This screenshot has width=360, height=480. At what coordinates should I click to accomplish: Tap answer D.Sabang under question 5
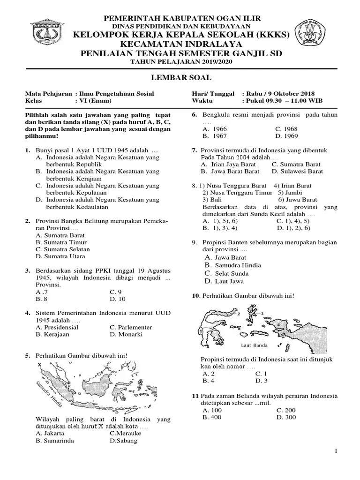(123, 441)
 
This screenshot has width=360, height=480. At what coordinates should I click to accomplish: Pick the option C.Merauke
(125, 433)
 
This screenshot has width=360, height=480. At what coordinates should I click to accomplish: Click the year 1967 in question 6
(215, 136)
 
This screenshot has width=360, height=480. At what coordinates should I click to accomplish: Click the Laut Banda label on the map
(254, 345)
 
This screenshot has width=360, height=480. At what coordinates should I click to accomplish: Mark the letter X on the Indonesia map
(40, 364)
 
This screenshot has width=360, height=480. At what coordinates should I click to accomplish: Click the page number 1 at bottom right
(336, 451)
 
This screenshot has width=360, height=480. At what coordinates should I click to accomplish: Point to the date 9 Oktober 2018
(292, 94)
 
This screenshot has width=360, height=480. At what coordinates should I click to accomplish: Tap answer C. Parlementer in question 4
(131, 327)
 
